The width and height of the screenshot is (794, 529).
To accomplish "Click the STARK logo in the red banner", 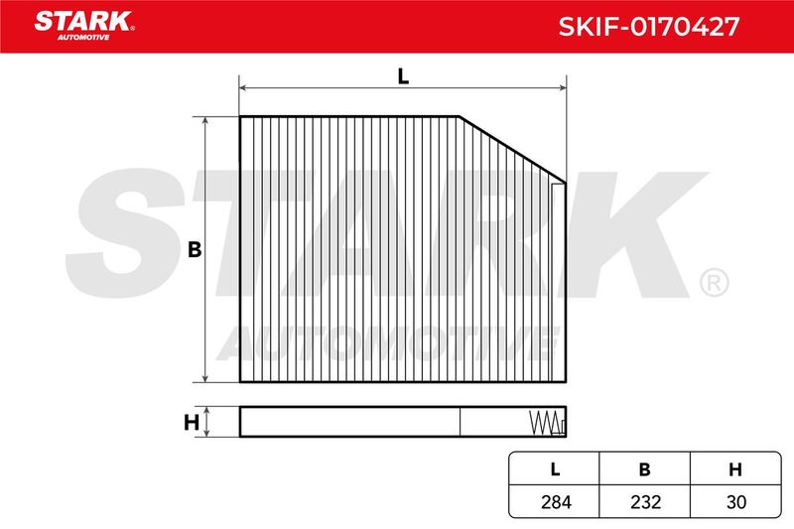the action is (84, 26).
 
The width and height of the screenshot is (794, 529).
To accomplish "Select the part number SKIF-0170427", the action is (649, 27).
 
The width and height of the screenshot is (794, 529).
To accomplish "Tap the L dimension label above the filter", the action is (403, 76).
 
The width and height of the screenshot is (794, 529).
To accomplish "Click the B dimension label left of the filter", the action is (195, 249).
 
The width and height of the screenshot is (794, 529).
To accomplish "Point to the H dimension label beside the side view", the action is (191, 422).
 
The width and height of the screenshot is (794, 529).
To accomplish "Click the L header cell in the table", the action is (555, 469).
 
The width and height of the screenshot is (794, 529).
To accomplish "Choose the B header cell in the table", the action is (644, 469).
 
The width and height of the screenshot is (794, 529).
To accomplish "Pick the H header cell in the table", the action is (735, 469).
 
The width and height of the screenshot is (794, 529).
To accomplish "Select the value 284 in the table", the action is (556, 501).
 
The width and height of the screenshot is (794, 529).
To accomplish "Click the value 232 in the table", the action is (646, 501).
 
